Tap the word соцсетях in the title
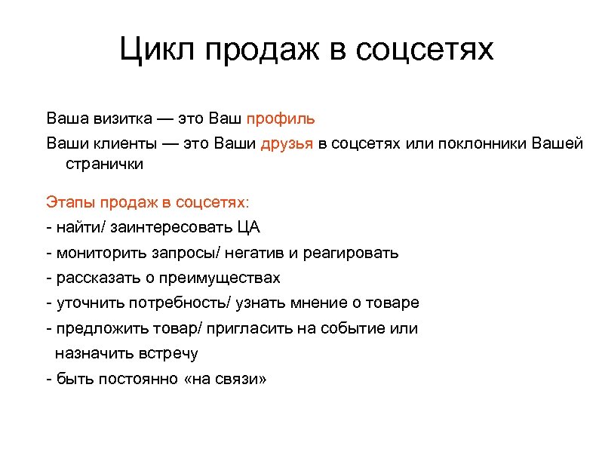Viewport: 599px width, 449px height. [x=424, y=51]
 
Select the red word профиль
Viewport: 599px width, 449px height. [x=281, y=118]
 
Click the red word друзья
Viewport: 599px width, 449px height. [x=287, y=143]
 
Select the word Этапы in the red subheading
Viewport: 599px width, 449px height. [x=69, y=202]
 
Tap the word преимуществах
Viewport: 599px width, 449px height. [x=219, y=278]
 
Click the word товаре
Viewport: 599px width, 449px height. [x=394, y=303]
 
